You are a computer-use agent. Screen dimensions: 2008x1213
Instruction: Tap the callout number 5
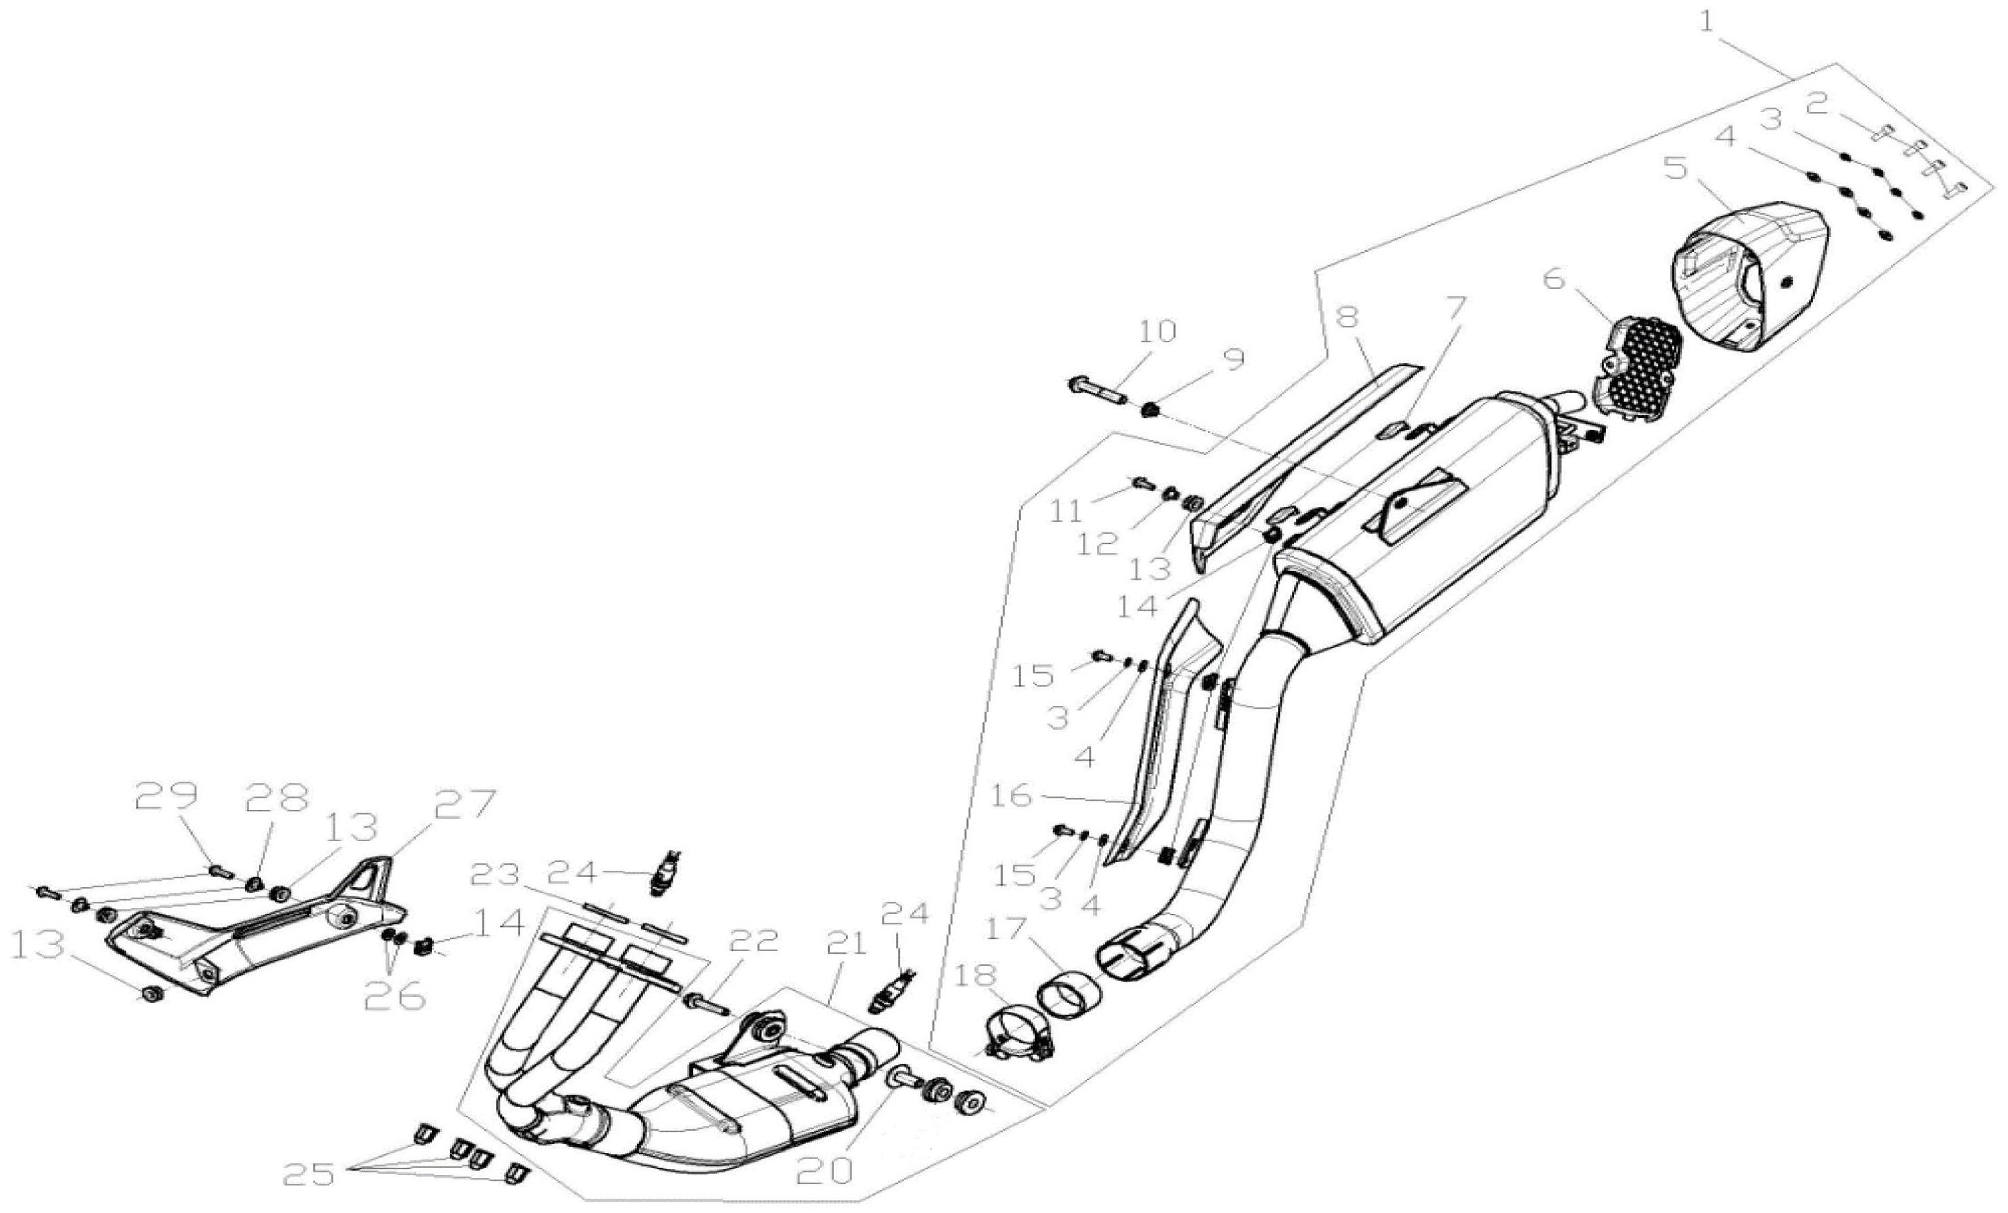click(1675, 169)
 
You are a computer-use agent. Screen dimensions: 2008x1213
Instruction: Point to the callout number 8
click(1349, 317)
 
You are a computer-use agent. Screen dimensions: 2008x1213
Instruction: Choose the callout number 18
click(976, 974)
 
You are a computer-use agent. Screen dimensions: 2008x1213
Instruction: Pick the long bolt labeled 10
click(1098, 389)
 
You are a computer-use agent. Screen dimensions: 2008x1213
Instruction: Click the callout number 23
click(497, 875)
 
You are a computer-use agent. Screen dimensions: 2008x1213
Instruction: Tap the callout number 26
click(395, 996)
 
